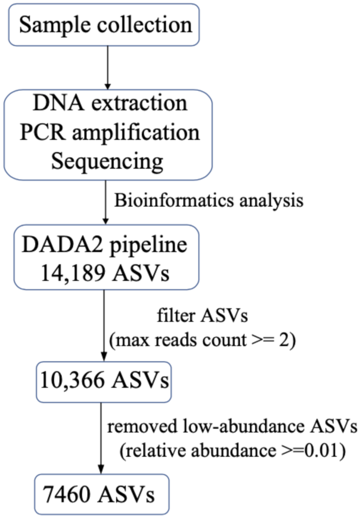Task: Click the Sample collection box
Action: click(x=104, y=25)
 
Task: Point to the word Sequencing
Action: click(x=107, y=161)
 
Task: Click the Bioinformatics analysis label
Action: click(x=209, y=200)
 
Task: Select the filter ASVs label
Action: click(x=202, y=316)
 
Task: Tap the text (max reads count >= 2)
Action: click(x=202, y=340)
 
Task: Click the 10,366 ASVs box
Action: click(x=104, y=382)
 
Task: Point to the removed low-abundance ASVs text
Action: click(x=232, y=426)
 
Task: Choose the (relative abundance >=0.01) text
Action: click(x=233, y=451)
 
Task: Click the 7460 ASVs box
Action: click(x=102, y=494)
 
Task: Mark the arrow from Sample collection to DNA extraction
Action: click(x=108, y=67)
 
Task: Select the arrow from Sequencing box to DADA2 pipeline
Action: click(x=105, y=202)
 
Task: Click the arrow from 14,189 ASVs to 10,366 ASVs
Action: click(x=104, y=325)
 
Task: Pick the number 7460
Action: click(x=67, y=494)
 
